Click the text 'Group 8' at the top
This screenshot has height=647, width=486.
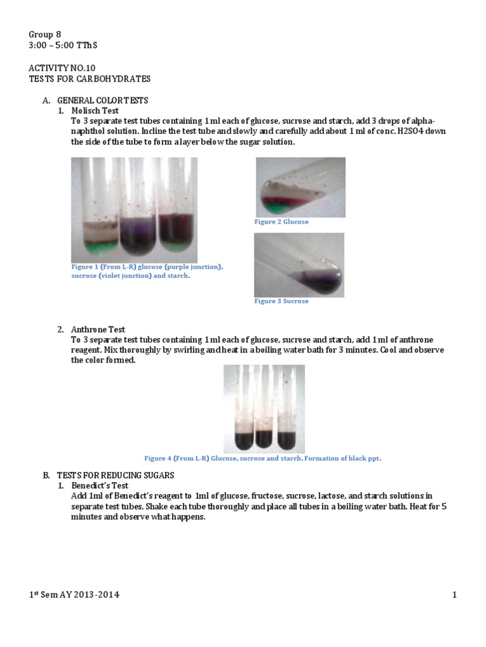coord(45,34)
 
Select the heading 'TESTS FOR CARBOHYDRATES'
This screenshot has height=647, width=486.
coord(90,78)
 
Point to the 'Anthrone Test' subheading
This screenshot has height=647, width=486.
coord(98,329)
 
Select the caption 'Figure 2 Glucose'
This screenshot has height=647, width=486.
coord(281,222)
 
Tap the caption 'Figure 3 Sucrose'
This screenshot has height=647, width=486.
coord(281,301)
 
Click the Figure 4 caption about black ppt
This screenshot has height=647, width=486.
coord(263,458)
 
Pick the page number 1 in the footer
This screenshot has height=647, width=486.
coord(454,595)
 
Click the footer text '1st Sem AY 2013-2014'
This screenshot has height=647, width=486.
coord(74,595)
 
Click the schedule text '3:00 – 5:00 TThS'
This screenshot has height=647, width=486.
coord(63,45)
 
